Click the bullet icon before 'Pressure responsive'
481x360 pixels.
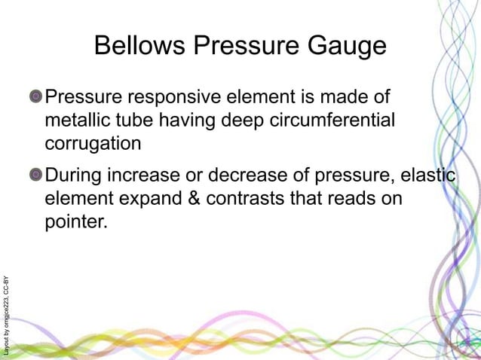click(36, 97)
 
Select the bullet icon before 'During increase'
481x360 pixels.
click(36, 176)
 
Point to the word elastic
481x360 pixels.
click(426, 176)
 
